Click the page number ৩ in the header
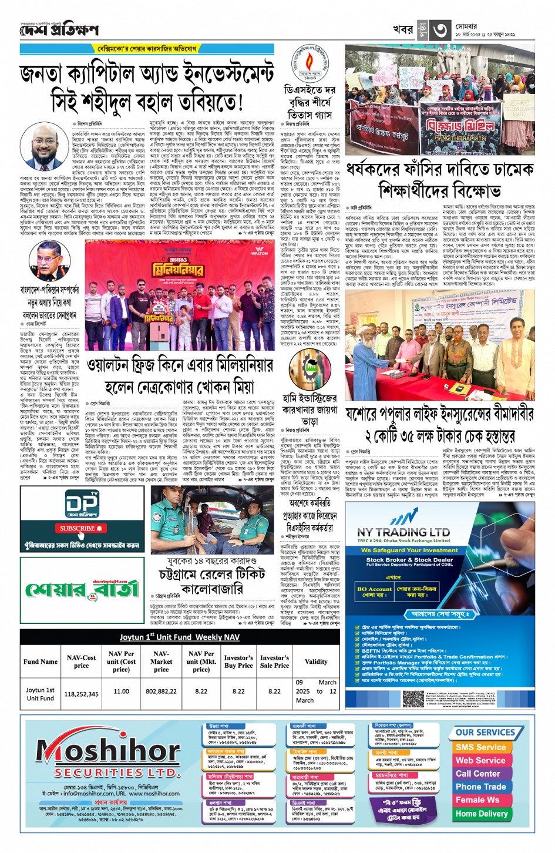pyautogui.click(x=440, y=29)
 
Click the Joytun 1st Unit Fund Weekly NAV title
pyautogui.click(x=179, y=637)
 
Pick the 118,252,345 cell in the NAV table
pyautogui.click(x=81, y=694)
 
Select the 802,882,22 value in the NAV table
pyautogui.click(x=161, y=691)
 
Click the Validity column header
pyautogui.click(x=315, y=661)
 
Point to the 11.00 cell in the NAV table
pyautogui.click(x=121, y=691)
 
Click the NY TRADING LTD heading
pyautogui.click(x=403, y=532)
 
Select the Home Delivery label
pyautogui.click(x=481, y=814)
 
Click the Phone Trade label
pyautogui.click(x=480, y=787)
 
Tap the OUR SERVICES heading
pyautogui.click(x=485, y=733)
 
